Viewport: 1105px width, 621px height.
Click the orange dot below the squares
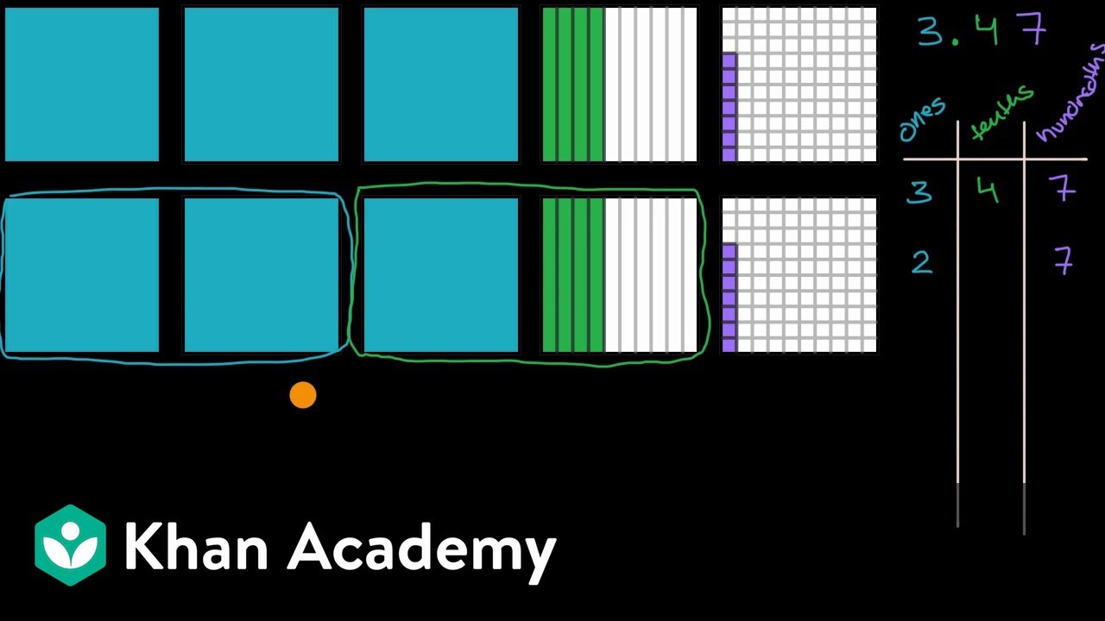[303, 395]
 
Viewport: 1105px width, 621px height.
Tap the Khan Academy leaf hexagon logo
[71, 545]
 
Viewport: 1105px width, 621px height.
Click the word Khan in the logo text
[196, 546]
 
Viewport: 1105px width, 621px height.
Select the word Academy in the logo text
[422, 552]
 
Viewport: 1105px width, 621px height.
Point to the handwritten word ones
[922, 119]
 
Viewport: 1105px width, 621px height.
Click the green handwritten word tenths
[1001, 113]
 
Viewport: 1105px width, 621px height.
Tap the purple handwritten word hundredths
[1070, 94]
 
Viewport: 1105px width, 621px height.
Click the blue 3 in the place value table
[920, 191]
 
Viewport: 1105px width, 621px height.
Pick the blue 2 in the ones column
[922, 261]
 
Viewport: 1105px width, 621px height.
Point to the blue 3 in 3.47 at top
[931, 31]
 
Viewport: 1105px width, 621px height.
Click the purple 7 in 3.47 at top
[1033, 28]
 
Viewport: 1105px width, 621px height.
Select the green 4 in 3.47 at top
[987, 29]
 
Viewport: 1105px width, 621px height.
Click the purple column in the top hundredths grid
[729, 108]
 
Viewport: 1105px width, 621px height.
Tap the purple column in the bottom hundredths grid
[729, 298]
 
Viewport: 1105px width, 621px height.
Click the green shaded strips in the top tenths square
[573, 85]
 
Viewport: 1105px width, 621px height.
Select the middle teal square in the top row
[262, 85]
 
